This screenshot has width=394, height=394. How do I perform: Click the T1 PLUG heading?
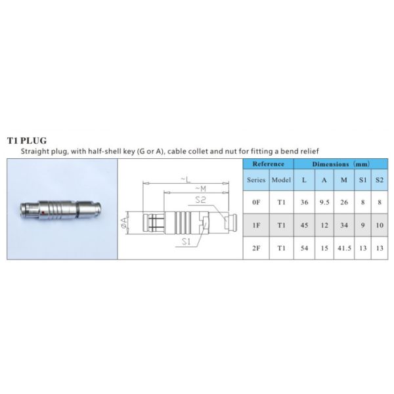27,141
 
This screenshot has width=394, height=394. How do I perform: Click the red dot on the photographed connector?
43,213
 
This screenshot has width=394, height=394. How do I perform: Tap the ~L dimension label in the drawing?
186,179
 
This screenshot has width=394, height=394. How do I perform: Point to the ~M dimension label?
201,188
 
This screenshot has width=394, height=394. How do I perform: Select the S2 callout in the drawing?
200,200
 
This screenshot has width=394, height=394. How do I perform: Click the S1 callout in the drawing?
186,242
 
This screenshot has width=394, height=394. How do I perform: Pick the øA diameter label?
124,223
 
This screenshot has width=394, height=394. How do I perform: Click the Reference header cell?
269,164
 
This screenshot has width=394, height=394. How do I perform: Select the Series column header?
256,180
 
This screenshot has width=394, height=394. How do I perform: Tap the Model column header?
282,180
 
